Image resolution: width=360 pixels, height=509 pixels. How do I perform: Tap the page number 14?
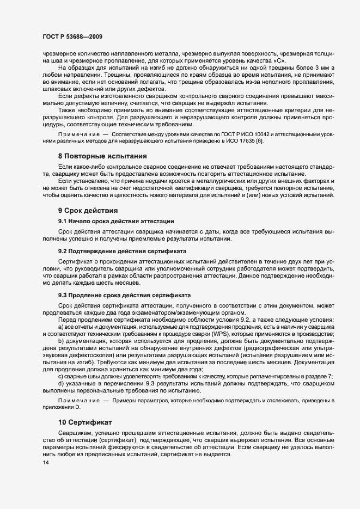(x=38, y=463)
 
